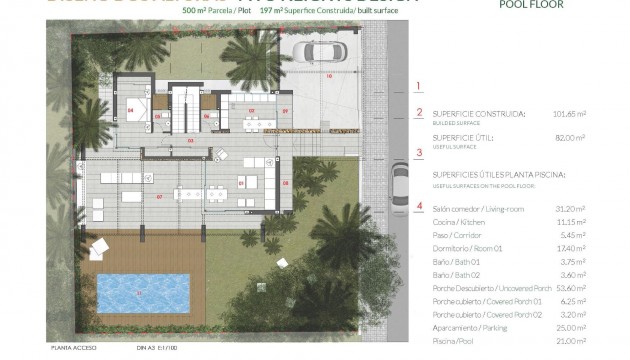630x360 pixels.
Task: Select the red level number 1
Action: [420, 86]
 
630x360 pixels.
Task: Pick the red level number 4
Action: [420, 207]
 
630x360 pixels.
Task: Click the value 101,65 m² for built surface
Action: [598, 113]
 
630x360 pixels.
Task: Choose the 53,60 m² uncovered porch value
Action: [599, 286]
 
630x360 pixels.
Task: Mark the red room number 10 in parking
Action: [327, 76]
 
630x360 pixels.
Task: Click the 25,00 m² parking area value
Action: [599, 327]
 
